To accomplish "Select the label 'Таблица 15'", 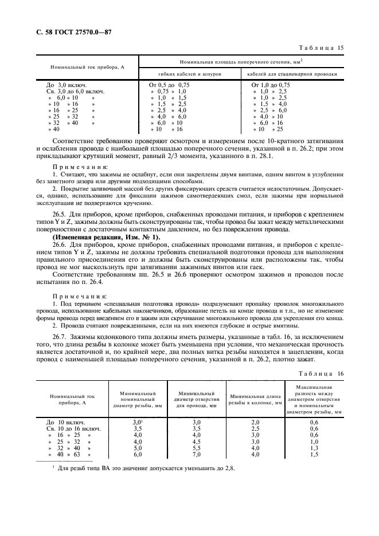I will (x=323, y=48).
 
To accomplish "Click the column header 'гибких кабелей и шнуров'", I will (x=189, y=74).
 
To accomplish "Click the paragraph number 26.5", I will (x=60, y=218).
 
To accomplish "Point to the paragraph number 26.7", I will (x=60, y=338).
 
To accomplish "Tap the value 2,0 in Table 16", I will (x=256, y=421).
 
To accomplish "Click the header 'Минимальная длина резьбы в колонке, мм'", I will (x=256, y=400).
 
